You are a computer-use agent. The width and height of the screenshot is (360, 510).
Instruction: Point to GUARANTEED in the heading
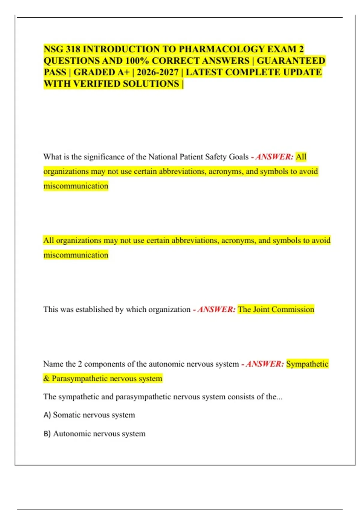point(291,61)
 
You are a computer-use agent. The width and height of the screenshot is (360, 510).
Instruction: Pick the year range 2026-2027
point(157,72)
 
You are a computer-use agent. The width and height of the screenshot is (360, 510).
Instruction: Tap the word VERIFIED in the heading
point(96,84)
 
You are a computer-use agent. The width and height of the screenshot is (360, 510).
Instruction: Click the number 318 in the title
point(73,49)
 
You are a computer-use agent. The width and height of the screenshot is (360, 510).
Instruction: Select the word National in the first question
point(163,157)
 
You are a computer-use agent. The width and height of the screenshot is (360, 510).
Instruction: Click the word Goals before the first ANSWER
point(239,157)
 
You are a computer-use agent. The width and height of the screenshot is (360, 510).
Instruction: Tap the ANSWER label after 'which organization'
point(217,310)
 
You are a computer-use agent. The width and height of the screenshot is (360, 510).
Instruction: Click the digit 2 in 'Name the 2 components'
point(80,364)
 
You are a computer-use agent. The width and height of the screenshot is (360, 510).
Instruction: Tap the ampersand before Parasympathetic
point(46,379)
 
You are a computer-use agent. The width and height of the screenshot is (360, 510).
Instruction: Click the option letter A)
point(47,415)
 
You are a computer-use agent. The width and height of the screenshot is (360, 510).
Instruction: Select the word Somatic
point(67,415)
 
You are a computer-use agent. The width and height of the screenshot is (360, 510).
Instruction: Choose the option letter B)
point(47,434)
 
